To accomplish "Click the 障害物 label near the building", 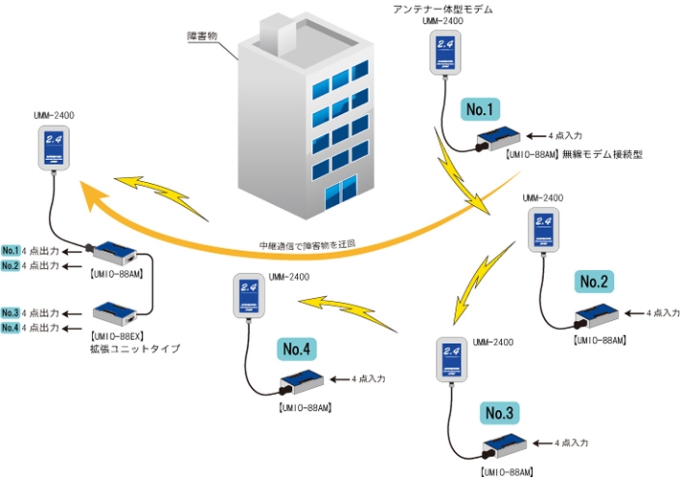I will coord(203,36).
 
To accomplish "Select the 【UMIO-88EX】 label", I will coord(116,336).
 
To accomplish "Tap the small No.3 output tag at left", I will coord(11,313).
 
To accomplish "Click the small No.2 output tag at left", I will coord(11,265).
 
